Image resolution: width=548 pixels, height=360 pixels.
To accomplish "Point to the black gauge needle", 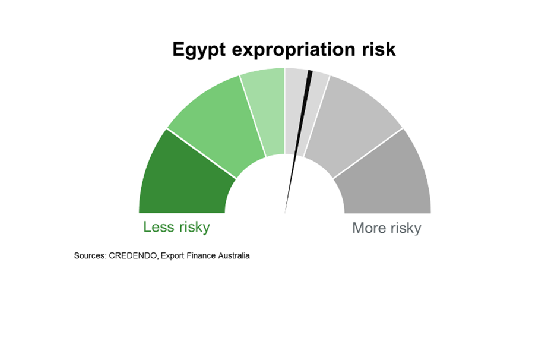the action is [x=297, y=142].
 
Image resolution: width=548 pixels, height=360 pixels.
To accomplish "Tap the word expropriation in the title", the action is [x=293, y=50].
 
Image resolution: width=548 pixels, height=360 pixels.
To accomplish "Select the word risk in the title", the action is [x=379, y=49].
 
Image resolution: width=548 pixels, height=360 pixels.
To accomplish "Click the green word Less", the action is [x=159, y=227].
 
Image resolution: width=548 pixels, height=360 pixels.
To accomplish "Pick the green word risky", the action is [x=194, y=228].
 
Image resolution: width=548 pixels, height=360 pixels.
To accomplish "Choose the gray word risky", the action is [x=406, y=229].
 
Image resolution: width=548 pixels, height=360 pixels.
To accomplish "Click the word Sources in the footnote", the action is [x=90, y=256].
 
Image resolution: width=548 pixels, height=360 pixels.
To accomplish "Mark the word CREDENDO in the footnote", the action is [x=134, y=256].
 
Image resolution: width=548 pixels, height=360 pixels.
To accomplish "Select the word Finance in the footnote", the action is [x=201, y=256].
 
